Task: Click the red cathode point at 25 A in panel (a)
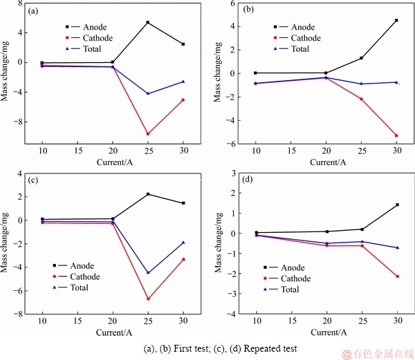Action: (148, 134)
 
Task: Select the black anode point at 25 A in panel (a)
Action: (148, 23)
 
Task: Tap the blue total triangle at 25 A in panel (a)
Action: (148, 93)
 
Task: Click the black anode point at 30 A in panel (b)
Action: (396, 20)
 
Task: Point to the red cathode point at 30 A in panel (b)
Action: (396, 135)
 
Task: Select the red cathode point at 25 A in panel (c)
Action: (148, 299)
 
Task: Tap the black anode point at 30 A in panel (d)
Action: (396, 205)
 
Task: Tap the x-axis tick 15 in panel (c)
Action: (77, 323)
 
